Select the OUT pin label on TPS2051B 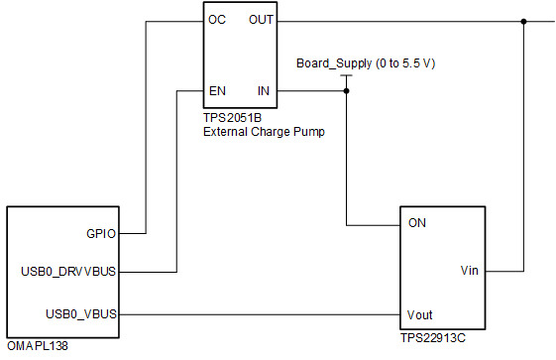click(x=262, y=20)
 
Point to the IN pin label click(x=264, y=91)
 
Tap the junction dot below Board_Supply click(x=346, y=91)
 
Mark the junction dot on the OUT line click(x=522, y=21)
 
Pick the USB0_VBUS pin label click(x=81, y=314)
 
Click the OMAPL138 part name click(x=38, y=347)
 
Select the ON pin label click(x=417, y=223)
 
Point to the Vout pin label click(x=420, y=314)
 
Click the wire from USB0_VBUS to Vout click(x=258, y=315)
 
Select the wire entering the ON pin click(x=372, y=223)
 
